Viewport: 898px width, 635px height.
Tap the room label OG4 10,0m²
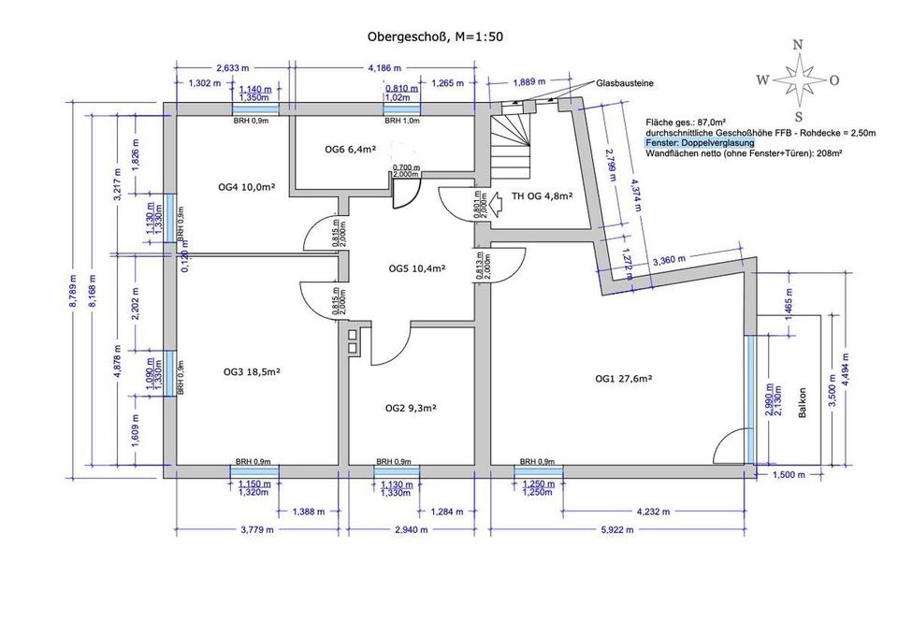[246, 187]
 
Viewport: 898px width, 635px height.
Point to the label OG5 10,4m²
[416, 268]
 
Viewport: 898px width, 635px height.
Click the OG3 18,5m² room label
[252, 371]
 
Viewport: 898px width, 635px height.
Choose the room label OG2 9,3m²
[412, 408]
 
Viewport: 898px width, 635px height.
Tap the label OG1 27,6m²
[623, 379]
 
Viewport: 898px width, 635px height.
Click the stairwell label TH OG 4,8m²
[541, 196]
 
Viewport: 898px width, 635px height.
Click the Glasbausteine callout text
[626, 83]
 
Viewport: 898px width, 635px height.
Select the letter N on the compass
[798, 44]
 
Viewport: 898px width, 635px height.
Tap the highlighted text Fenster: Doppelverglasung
[700, 143]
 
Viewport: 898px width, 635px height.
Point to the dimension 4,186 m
[384, 68]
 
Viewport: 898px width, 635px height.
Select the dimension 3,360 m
[670, 259]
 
